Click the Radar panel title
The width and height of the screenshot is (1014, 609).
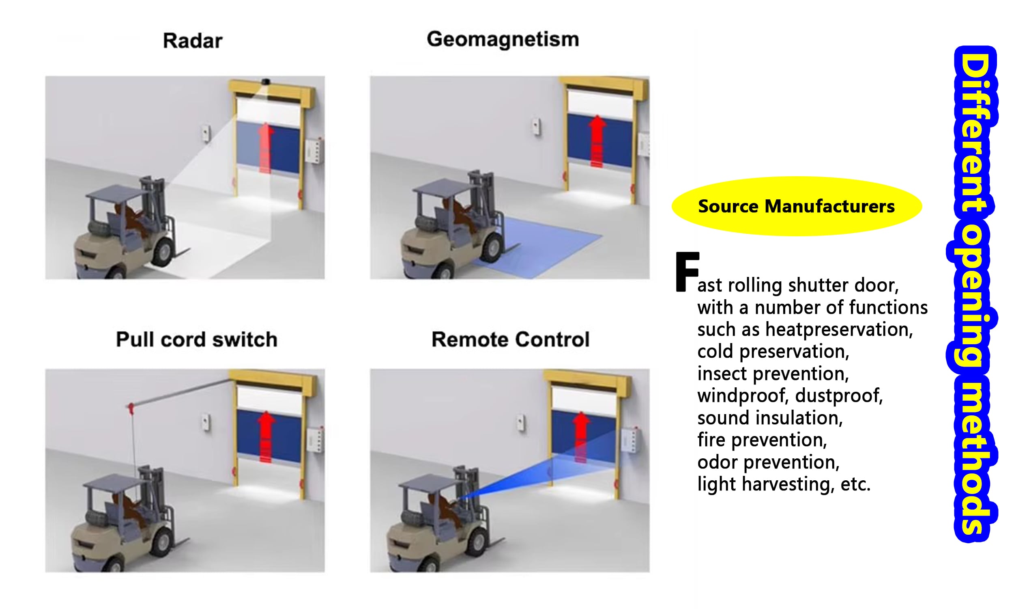193,41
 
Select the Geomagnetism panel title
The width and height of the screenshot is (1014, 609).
503,40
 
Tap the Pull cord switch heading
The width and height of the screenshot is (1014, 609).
197,339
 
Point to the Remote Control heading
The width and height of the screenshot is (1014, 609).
510,339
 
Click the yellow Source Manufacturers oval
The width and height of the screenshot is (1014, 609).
796,206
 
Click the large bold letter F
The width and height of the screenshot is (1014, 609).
687,272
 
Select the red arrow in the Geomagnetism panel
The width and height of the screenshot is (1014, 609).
597,141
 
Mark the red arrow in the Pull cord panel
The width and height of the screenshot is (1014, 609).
266,436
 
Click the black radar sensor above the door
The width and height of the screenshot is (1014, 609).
266,81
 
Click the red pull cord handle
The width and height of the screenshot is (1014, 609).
131,408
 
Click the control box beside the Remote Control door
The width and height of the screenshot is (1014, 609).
630,441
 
